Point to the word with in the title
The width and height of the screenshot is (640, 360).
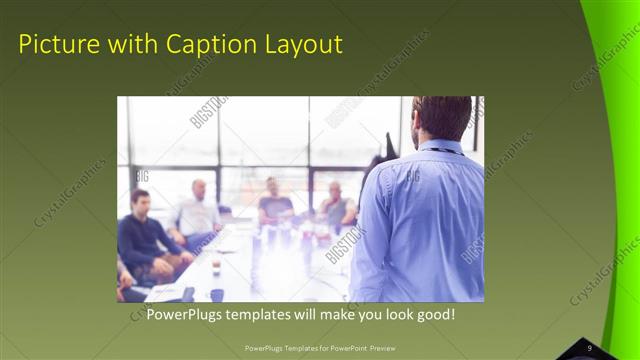(126, 44)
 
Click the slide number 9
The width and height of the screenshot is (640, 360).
(590, 347)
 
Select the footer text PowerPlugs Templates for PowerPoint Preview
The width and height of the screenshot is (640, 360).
(320, 348)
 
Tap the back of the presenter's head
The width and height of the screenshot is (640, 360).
(441, 115)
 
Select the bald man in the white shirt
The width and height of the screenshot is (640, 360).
(198, 212)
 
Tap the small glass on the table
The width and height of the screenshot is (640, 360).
(215, 265)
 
